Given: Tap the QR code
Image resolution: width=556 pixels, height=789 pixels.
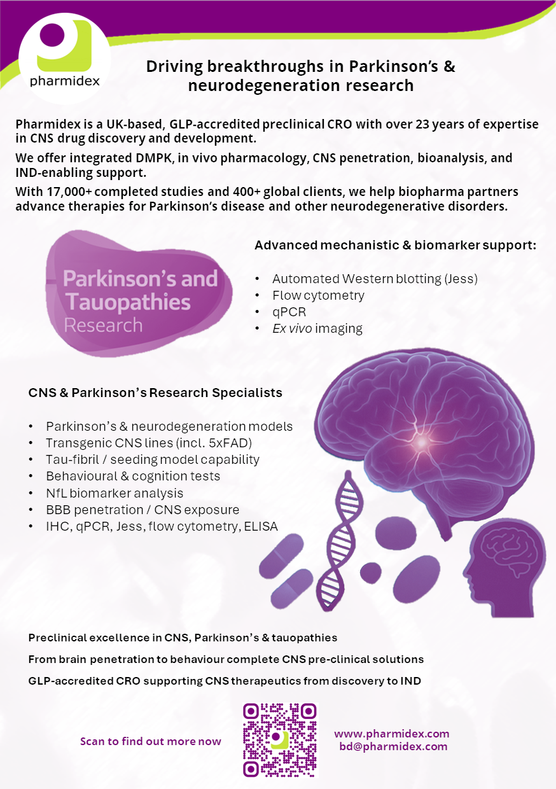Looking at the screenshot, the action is [280, 739].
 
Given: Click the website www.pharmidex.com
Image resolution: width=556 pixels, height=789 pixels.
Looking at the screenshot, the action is [391, 734].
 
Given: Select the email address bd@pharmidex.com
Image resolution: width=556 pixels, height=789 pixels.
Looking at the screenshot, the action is [393, 746].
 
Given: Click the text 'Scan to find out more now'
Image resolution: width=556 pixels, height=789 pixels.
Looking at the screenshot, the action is [151, 741].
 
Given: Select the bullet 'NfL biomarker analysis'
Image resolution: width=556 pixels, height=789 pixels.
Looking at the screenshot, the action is [115, 493].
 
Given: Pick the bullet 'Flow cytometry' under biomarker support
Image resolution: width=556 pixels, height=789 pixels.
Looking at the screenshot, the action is [318, 295].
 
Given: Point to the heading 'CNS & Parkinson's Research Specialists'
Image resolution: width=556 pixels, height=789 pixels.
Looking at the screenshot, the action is [155, 393].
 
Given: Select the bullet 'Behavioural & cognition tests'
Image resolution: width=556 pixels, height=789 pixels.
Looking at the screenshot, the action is [133, 476].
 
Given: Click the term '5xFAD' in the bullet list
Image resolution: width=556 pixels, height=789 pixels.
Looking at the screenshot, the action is [232, 443].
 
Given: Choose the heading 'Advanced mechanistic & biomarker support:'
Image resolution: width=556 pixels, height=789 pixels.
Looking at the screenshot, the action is [395, 245].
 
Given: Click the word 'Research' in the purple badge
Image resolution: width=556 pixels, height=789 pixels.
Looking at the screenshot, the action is [103, 325].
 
